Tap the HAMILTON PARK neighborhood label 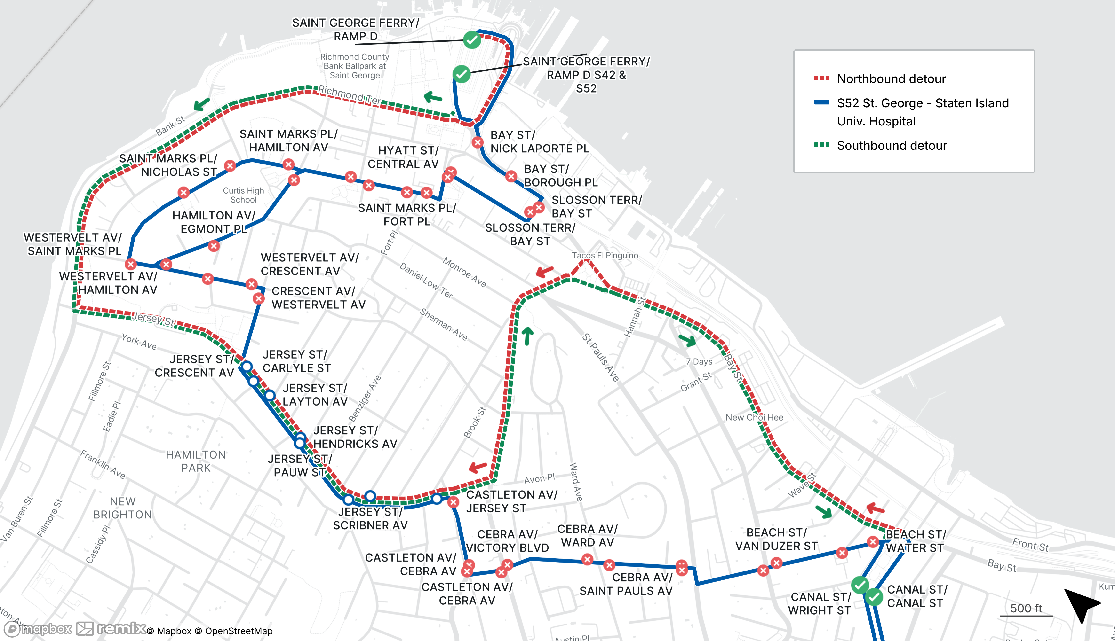196,461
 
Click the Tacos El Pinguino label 605,255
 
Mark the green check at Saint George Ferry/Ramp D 472,40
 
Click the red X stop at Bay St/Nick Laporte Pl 477,142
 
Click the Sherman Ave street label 443,324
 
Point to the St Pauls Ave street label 600,357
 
